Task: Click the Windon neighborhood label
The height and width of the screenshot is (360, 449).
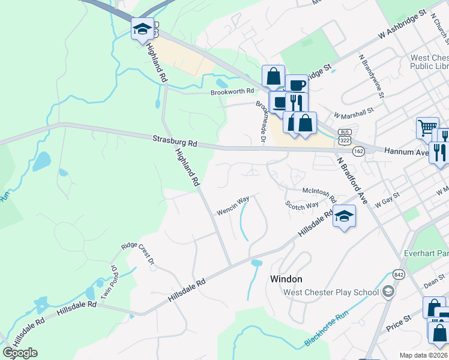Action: click(286, 279)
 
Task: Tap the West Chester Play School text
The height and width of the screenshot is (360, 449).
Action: click(331, 292)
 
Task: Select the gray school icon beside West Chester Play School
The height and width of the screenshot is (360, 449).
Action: click(388, 292)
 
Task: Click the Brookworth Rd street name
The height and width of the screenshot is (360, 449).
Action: click(232, 92)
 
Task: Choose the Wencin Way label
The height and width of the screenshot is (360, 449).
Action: click(233, 206)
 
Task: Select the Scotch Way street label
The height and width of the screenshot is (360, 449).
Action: click(301, 205)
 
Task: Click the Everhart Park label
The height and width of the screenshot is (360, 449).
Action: click(426, 253)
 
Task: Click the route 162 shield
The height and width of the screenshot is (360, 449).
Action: click(358, 151)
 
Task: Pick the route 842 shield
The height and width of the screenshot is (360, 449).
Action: click(399, 274)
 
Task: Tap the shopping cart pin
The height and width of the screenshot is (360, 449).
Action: click(427, 127)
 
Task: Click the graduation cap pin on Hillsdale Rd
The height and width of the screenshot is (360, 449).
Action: click(345, 216)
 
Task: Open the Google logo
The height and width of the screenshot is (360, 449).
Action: click(20, 353)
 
